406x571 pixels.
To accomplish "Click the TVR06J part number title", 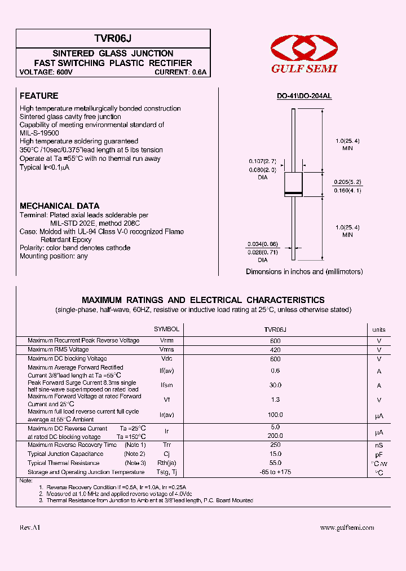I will (113, 38).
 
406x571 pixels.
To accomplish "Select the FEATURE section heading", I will (39, 96).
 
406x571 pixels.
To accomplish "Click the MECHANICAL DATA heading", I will (59, 206).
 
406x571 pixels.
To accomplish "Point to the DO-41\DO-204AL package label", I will (304, 96).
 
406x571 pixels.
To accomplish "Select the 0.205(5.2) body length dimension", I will (347, 182).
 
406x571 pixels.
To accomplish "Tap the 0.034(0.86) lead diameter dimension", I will (263, 244).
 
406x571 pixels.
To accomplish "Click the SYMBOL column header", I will (166, 329).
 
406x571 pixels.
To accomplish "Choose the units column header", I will (379, 330).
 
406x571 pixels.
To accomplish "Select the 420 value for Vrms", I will (275, 350).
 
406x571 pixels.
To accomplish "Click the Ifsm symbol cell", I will (166, 385).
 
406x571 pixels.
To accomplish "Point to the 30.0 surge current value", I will (275, 385).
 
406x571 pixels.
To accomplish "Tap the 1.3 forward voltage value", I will (275, 400).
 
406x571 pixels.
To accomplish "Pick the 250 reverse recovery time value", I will (275, 445).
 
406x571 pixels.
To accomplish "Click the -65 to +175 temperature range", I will (275, 472).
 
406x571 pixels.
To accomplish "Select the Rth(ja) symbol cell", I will (166, 463).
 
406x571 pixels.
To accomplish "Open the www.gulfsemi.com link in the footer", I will (347, 528).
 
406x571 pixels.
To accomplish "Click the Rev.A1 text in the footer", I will (30, 528).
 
